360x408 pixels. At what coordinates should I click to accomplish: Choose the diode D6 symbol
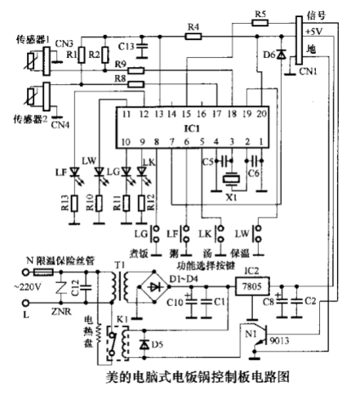[282, 55]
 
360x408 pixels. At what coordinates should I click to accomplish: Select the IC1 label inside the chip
[192, 129]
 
